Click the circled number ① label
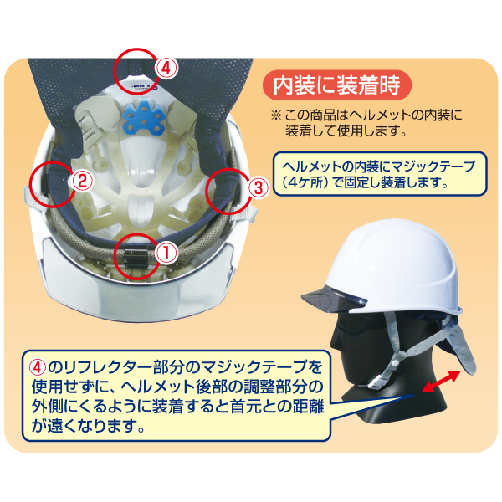pyautogui.click(x=166, y=253)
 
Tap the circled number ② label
pyautogui.click(x=82, y=182)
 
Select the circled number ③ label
pyautogui.click(x=259, y=187)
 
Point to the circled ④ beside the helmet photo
pyautogui.click(x=166, y=69)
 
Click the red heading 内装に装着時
pyautogui.click(x=336, y=85)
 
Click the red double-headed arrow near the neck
pyautogui.click(x=441, y=381)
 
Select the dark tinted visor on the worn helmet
pyautogui.click(x=334, y=300)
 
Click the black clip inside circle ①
pyautogui.click(x=136, y=259)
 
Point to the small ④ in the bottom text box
pyautogui.click(x=38, y=367)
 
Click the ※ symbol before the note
pyautogui.click(x=276, y=115)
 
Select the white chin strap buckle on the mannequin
pyautogui.click(x=374, y=383)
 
